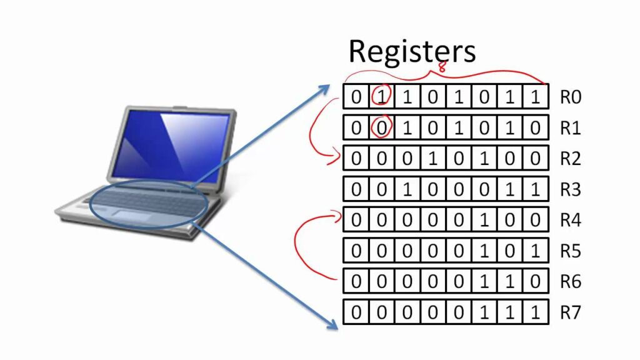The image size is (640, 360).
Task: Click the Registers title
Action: point(412,51)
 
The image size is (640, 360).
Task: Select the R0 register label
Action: point(571,97)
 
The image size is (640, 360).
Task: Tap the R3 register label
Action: point(571,189)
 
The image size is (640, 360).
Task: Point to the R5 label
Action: point(571,251)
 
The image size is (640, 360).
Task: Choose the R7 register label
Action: point(571,312)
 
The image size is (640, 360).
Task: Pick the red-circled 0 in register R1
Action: point(382,127)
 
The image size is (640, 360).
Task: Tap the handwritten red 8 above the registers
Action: point(442,67)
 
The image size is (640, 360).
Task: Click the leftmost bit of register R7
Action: point(356,312)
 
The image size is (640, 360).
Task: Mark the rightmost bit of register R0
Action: point(535,97)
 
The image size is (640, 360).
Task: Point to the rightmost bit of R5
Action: point(535,251)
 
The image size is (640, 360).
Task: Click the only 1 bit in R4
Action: point(484,220)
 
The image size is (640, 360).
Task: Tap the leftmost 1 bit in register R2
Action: point(432,159)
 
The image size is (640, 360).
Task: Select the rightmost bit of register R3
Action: point(535,189)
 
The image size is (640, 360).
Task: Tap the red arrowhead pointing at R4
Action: point(338,216)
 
